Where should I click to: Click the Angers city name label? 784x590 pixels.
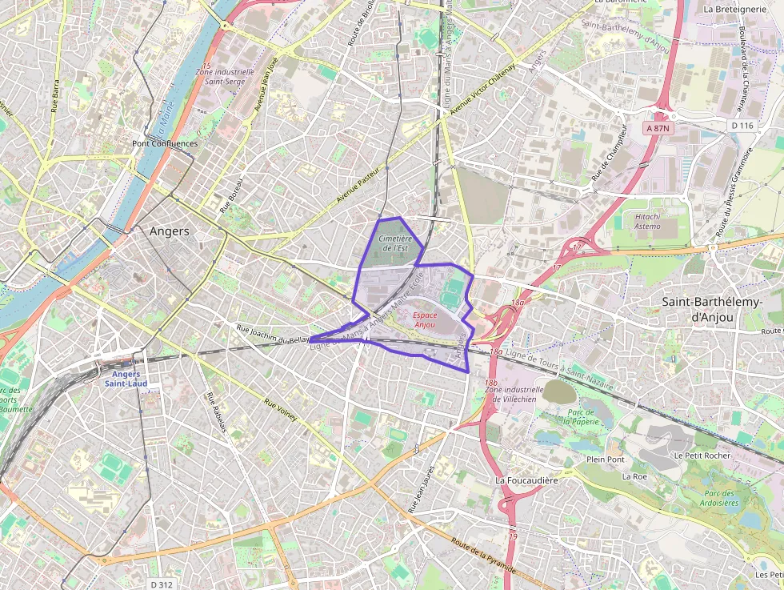click(169, 231)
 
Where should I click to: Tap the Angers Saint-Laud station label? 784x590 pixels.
click(126, 379)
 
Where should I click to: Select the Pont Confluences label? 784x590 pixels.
click(164, 144)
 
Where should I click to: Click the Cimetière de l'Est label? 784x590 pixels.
click(394, 243)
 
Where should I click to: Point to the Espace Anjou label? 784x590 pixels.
click(425, 320)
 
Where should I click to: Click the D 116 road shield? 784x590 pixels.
click(742, 126)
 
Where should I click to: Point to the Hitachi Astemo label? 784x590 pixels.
click(647, 221)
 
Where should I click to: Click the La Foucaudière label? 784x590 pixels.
click(526, 480)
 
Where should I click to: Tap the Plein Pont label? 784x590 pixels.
click(605, 460)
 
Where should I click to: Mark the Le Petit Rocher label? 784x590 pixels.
click(702, 455)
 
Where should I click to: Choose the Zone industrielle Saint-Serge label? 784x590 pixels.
click(225, 76)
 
